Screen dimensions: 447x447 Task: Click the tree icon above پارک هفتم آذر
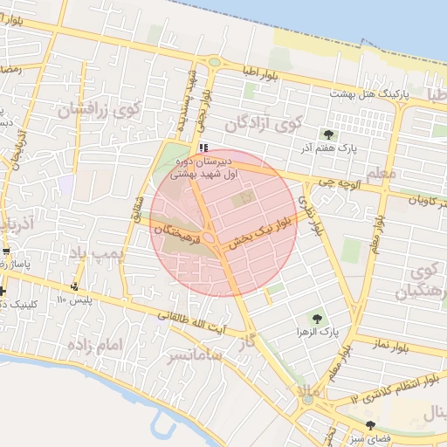(328, 134)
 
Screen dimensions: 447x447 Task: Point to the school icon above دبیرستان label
(203, 148)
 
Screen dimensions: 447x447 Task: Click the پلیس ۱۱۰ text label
(74, 300)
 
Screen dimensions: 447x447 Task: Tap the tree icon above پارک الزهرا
(316, 319)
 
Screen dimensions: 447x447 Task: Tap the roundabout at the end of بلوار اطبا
(214, 62)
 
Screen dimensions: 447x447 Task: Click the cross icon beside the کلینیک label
(4, 291)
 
